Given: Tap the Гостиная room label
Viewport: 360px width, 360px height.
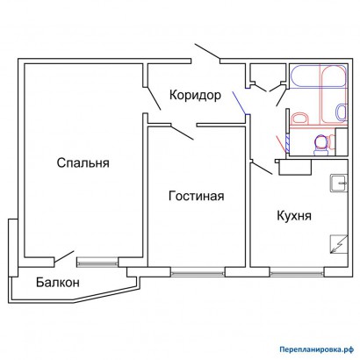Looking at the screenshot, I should tap(196, 196).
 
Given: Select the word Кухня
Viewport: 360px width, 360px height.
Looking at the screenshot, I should tap(296, 215).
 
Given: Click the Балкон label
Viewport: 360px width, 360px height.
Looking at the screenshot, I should tap(58, 283).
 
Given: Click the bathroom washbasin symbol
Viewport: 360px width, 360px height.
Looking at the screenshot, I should tap(299, 117).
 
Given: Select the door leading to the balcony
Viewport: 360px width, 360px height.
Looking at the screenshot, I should tap(63, 258).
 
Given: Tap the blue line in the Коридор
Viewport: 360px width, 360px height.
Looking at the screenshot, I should tap(239, 102).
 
